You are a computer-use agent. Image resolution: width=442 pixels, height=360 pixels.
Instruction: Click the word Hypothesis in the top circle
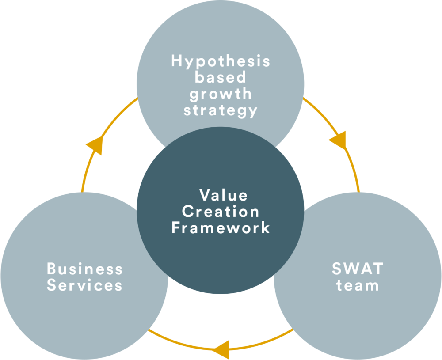click(221, 61)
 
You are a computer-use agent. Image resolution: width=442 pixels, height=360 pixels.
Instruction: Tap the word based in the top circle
click(221, 77)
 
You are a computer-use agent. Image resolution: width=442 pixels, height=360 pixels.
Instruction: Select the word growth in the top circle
click(221, 94)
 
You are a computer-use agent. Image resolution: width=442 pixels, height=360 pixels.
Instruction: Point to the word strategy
click(221, 110)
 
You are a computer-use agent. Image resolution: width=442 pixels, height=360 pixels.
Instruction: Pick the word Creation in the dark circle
click(221, 211)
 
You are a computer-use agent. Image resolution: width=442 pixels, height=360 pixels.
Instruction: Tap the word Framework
click(221, 227)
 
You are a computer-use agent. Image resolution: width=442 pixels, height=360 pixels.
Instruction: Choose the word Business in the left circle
click(84, 268)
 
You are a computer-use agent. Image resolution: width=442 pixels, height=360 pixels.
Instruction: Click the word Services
click(84, 285)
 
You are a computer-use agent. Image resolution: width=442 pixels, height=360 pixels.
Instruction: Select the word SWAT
click(358, 268)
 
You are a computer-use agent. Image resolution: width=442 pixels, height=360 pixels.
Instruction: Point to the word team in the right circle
click(358, 285)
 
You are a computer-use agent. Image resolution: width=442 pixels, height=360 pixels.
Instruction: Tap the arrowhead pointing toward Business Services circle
click(221, 348)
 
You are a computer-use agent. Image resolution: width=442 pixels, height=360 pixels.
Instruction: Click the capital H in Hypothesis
click(176, 61)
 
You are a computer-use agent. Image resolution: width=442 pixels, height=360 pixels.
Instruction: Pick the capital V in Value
click(204, 195)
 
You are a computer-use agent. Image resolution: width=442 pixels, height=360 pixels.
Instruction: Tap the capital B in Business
click(51, 268)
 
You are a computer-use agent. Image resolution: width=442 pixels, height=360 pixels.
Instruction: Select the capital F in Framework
click(176, 227)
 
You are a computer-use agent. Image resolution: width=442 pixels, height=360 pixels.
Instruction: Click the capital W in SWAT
click(351, 268)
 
